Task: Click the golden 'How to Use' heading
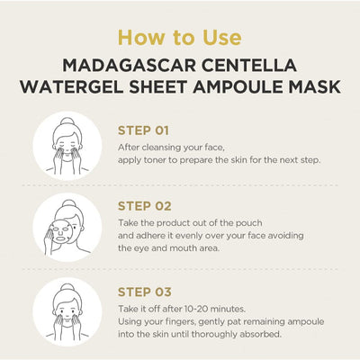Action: point(180,38)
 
